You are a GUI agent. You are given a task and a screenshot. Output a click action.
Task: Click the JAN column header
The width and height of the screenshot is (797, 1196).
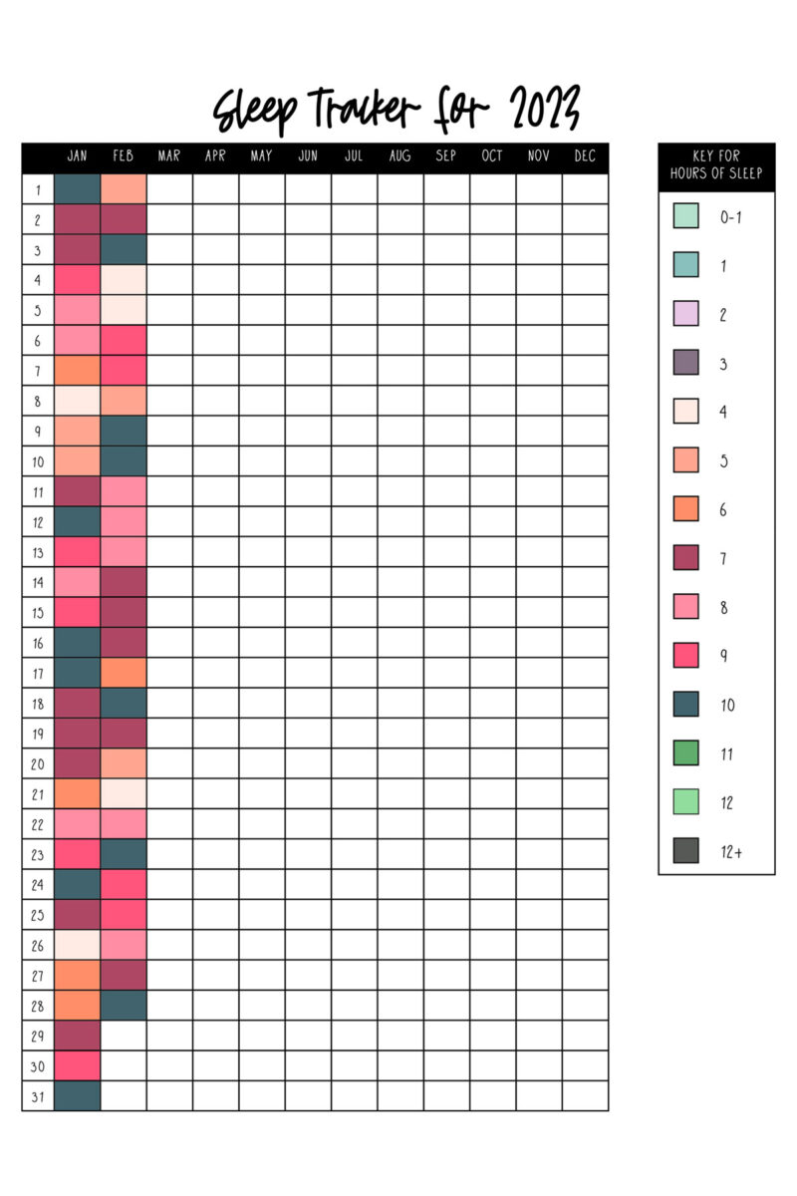point(77,156)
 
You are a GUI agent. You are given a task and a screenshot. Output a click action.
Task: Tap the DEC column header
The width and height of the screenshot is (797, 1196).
point(585,156)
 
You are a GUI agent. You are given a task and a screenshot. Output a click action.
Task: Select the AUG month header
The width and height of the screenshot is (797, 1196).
point(399,156)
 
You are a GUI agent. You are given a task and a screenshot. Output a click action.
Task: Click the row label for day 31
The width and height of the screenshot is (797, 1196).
point(38,1096)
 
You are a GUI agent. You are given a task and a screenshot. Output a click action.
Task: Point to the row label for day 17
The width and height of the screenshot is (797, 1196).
point(38,673)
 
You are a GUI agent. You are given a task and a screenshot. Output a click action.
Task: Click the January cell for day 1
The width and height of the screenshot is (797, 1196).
point(77,189)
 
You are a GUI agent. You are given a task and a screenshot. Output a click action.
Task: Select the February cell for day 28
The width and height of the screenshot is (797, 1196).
point(124,1005)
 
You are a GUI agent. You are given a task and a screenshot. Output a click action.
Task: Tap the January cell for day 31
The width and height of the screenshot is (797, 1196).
point(77,1096)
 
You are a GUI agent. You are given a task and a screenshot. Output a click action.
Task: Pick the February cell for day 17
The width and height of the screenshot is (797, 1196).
point(124,673)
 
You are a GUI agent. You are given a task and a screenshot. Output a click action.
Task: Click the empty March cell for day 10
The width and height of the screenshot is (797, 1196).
point(169,461)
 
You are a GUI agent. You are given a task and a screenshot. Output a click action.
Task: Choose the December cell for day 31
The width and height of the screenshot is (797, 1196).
point(585,1096)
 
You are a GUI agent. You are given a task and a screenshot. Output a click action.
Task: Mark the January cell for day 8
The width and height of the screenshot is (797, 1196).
point(77,401)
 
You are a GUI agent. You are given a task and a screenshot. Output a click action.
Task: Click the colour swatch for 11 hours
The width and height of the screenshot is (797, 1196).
point(685,753)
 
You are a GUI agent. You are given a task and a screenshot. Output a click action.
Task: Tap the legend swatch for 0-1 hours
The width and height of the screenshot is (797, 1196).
point(685,216)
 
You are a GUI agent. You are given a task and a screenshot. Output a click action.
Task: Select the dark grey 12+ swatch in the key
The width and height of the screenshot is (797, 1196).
point(685,851)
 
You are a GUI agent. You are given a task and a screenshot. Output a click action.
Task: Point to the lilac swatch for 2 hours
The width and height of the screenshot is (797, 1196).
point(685,314)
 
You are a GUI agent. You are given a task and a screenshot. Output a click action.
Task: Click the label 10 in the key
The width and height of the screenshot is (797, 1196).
point(728,706)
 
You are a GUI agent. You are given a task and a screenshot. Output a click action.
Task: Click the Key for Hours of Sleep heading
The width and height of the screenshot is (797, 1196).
point(716,165)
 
